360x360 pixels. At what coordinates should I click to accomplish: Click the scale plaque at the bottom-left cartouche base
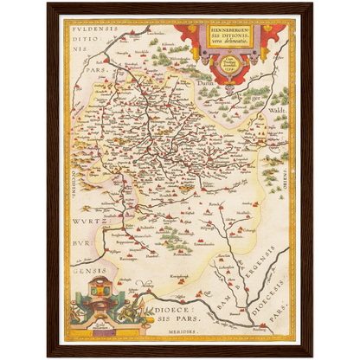(x=93, y=328)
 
